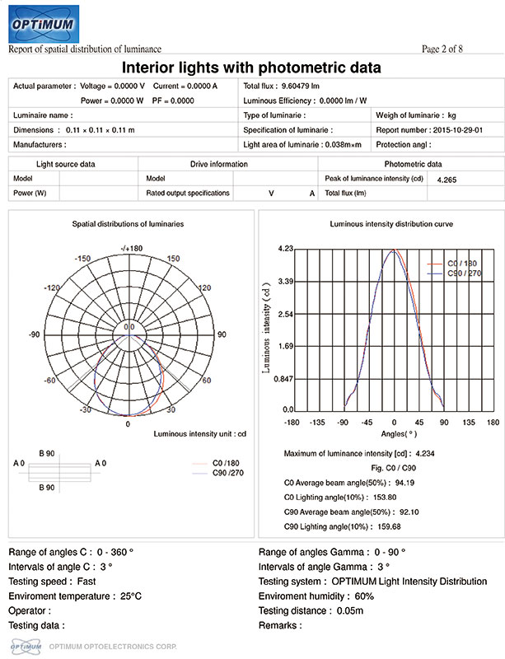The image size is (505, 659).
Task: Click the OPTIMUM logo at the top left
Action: (x=43, y=25)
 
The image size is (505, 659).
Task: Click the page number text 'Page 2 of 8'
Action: (x=442, y=49)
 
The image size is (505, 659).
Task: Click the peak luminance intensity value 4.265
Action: (x=446, y=179)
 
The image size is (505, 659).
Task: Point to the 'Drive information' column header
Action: (x=218, y=164)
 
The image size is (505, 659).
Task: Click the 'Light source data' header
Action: (x=65, y=164)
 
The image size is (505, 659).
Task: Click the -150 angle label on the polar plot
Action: (x=82, y=259)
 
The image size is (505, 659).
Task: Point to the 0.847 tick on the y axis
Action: (x=282, y=380)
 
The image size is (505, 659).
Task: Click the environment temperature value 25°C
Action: (x=131, y=596)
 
